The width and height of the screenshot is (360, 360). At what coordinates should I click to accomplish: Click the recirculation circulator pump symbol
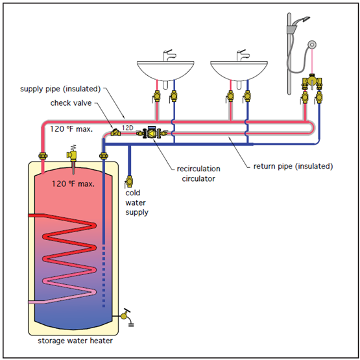click(152, 132)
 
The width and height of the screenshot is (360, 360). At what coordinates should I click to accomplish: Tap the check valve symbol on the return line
click(115, 132)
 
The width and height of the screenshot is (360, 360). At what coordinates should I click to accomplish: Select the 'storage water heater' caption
click(75, 341)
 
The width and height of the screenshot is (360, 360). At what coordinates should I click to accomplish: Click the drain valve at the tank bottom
click(126, 316)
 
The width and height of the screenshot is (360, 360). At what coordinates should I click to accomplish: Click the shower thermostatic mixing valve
click(312, 82)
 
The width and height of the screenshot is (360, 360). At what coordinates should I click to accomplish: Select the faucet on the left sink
click(169, 55)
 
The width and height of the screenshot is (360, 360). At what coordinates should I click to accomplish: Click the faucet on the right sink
click(242, 55)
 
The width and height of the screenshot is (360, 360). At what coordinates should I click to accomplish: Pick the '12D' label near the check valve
click(127, 128)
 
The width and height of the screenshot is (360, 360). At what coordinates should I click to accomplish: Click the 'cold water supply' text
click(136, 202)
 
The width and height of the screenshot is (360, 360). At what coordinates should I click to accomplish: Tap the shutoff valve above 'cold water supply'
click(129, 182)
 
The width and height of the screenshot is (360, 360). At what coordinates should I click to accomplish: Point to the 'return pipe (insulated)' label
click(293, 166)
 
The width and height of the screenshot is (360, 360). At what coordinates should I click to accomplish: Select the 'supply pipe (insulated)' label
click(60, 89)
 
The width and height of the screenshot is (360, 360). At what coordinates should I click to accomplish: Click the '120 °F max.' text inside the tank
click(73, 184)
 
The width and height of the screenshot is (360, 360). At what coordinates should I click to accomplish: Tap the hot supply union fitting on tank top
click(43, 156)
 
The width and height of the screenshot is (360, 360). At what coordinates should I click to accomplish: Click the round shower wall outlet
click(312, 45)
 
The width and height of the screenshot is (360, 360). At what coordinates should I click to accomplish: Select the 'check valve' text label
click(71, 103)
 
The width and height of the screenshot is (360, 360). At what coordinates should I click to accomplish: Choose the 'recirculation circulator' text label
click(198, 174)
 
